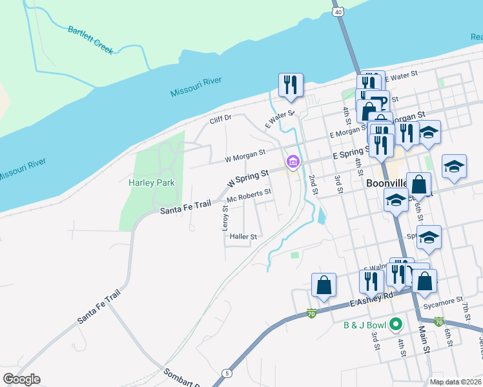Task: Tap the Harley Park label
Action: pyautogui.click(x=152, y=183)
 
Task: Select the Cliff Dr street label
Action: pyautogui.click(x=220, y=120)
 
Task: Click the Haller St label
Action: pyautogui.click(x=243, y=237)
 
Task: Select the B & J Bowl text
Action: pyautogui.click(x=364, y=324)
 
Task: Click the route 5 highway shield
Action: pyautogui.click(x=226, y=373)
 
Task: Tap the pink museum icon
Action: pyautogui.click(x=293, y=161)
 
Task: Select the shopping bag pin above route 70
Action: pyautogui.click(x=324, y=284)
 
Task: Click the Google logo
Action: pyautogui.click(x=21, y=379)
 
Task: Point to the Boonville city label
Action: pyautogui.click(x=385, y=183)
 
